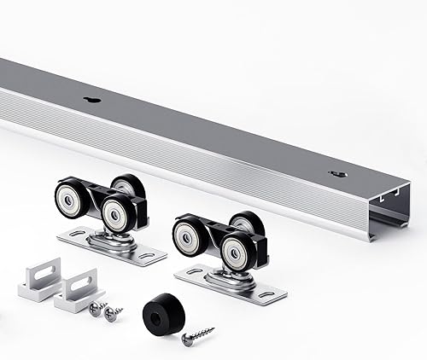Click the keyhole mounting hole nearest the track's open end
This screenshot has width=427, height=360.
339,174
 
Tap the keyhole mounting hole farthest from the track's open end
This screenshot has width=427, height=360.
93,100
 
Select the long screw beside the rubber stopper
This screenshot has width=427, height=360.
197,336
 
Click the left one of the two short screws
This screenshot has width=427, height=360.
97,308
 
